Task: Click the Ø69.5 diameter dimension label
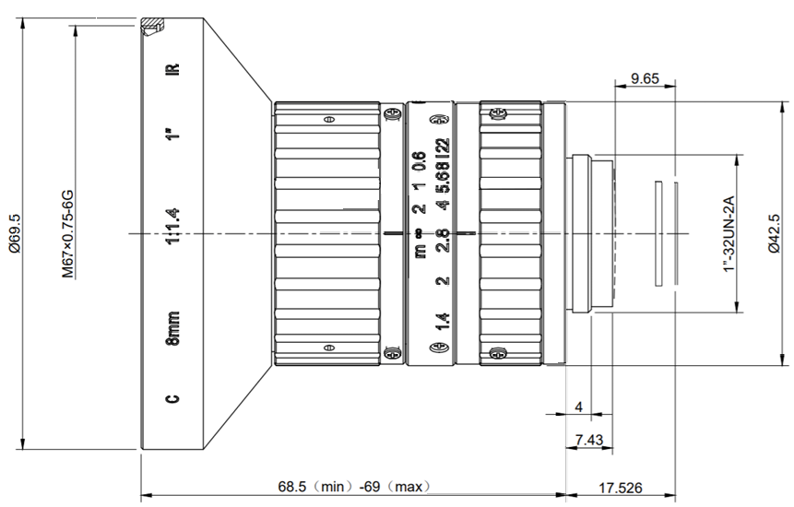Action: click(14, 233)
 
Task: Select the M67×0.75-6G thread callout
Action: click(68, 234)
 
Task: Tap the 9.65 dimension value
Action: click(646, 78)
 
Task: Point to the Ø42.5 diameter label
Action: click(775, 233)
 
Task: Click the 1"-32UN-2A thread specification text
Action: click(729, 234)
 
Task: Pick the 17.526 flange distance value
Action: click(621, 488)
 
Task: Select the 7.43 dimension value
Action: click(589, 440)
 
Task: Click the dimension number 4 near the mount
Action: click(579, 407)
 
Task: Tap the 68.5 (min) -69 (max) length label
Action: click(354, 487)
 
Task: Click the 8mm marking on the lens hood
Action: click(172, 328)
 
